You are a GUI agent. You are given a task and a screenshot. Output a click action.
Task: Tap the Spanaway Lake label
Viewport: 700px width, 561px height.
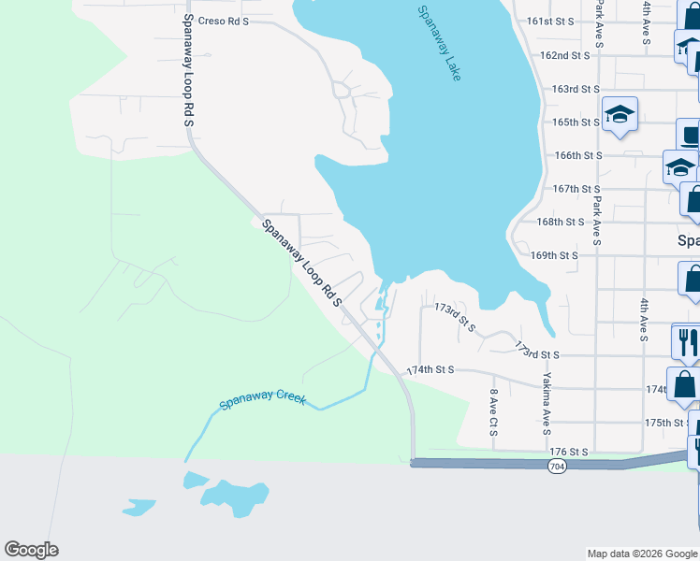pyautogui.click(x=440, y=43)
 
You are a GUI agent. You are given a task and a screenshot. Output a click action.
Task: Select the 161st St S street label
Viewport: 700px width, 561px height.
pyautogui.click(x=550, y=21)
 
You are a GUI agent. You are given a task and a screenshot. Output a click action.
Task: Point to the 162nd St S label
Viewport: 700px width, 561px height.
pyautogui.click(x=564, y=55)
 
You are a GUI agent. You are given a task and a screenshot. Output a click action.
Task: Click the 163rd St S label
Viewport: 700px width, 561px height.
pyautogui.click(x=576, y=89)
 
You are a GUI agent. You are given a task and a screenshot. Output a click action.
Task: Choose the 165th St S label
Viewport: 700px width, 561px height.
pyautogui.click(x=576, y=122)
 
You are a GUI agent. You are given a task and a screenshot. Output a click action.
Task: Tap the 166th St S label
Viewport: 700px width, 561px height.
pyautogui.click(x=577, y=155)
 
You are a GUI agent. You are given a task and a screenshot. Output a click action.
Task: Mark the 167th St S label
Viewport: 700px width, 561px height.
pyautogui.click(x=576, y=188)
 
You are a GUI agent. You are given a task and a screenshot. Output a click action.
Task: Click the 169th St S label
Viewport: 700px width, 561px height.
pyautogui.click(x=555, y=254)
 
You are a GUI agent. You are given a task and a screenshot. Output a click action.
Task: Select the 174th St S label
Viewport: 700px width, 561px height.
pyautogui.click(x=430, y=370)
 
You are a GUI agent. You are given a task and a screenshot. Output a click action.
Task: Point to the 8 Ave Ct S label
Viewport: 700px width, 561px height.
pyautogui.click(x=493, y=412)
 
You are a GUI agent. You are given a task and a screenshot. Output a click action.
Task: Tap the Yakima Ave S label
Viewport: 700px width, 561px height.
pyautogui.click(x=545, y=404)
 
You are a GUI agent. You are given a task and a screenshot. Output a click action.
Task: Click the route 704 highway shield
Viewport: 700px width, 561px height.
pyautogui.click(x=556, y=464)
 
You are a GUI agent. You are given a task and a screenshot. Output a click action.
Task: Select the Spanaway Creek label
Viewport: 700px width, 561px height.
pyautogui.click(x=263, y=399)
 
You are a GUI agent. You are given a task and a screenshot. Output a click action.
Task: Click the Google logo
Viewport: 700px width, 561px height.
pyautogui.click(x=31, y=550)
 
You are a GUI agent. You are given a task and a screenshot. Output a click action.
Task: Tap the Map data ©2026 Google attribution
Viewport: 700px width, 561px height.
pyautogui.click(x=641, y=554)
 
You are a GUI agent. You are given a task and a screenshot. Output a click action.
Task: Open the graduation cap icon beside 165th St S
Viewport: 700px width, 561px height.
pyautogui.click(x=620, y=114)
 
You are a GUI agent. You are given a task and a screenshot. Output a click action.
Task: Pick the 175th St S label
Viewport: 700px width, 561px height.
pyautogui.click(x=667, y=423)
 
